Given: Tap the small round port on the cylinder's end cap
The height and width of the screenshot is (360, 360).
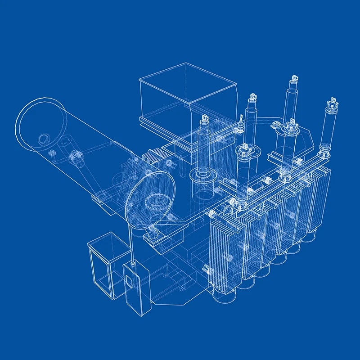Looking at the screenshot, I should [x=44, y=139].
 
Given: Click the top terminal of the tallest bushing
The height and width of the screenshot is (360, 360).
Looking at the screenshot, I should [x=293, y=80].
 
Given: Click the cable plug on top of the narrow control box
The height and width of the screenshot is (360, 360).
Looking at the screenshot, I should [x=133, y=262].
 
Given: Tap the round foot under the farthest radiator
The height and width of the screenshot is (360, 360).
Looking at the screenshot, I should [x=310, y=236].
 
